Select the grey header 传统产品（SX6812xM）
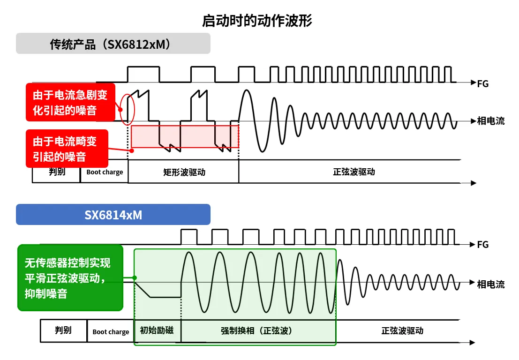(113, 44)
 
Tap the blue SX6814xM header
(113, 215)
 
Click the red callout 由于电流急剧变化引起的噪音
(70, 102)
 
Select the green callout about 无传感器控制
(70, 277)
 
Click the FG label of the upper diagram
(482, 84)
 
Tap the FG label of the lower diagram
(482, 245)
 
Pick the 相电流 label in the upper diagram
(490, 121)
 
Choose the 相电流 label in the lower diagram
(490, 284)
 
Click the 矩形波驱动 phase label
(184, 172)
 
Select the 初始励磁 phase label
(157, 330)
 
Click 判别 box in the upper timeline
(57, 172)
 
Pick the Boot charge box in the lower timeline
(111, 331)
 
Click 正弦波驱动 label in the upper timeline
(354, 172)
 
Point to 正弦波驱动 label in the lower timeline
(402, 330)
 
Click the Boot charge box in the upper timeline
(105, 172)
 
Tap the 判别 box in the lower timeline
(63, 330)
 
